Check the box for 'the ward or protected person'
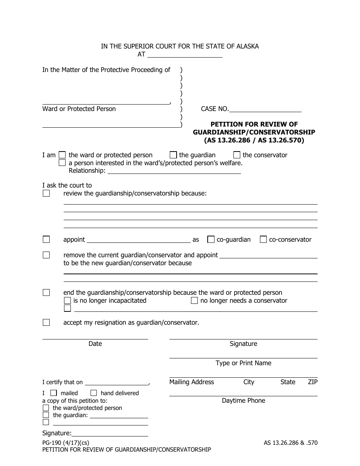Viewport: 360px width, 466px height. click(x=63, y=155)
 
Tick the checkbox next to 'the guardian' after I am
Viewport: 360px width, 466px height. click(x=173, y=155)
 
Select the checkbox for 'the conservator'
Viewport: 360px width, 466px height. click(x=237, y=155)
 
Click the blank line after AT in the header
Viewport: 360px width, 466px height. click(x=184, y=54)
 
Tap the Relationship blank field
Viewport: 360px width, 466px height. click(x=174, y=170)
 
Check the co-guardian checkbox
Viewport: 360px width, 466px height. click(x=211, y=239)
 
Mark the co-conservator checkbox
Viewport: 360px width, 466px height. click(x=263, y=239)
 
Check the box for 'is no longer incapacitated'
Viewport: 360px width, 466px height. click(x=67, y=300)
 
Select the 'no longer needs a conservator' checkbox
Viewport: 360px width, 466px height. click(x=194, y=300)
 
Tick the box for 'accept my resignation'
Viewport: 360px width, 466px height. click(x=46, y=322)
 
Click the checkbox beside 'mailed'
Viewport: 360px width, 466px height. click(x=54, y=393)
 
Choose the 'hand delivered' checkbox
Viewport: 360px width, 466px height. click(x=94, y=393)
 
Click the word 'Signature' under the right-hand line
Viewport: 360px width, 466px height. click(x=243, y=344)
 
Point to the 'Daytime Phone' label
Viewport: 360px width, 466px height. click(x=243, y=400)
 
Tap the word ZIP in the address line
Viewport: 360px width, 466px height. click(x=313, y=382)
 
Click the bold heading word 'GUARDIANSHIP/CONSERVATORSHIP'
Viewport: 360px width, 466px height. click(x=254, y=132)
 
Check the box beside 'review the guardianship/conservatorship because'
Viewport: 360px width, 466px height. click(x=46, y=193)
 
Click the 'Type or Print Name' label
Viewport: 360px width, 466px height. click(x=243, y=363)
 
